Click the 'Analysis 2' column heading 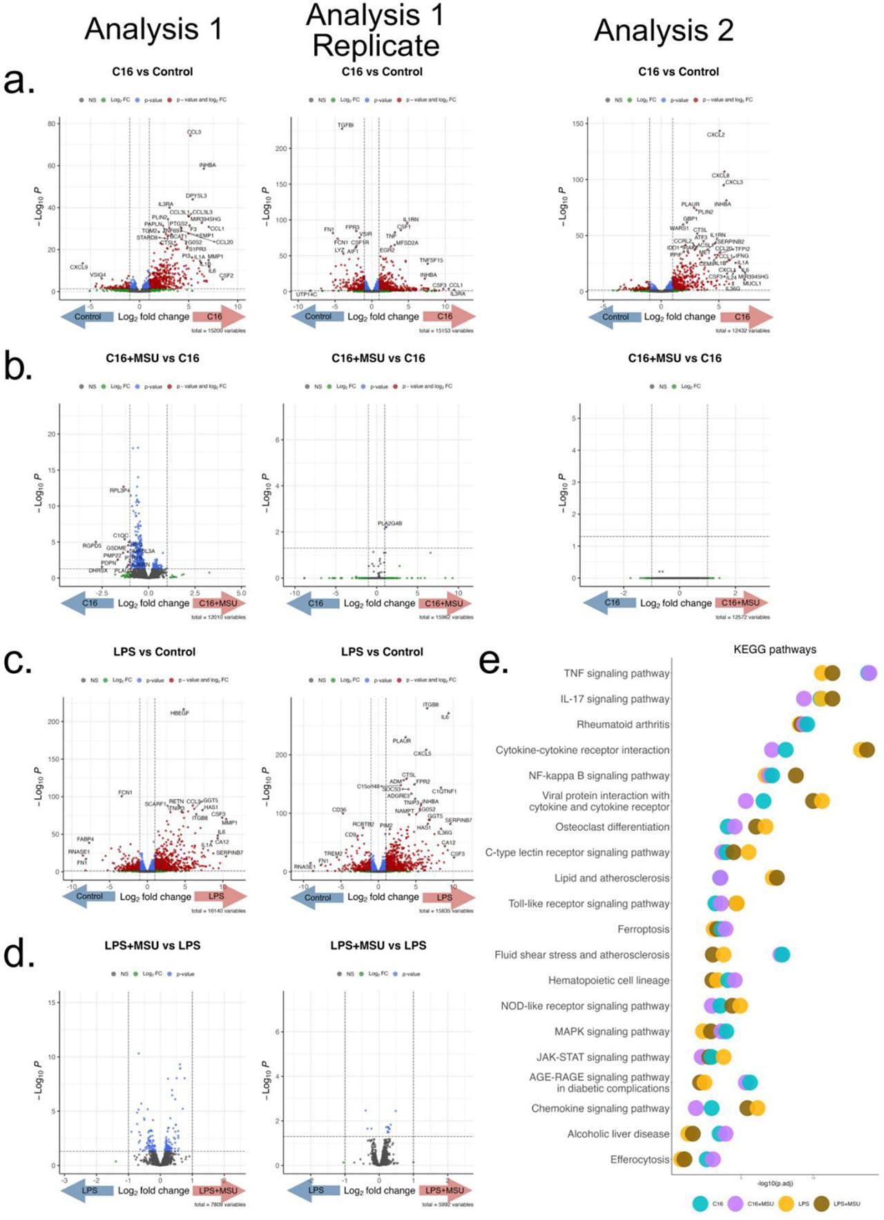pyautogui.click(x=664, y=30)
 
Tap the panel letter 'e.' pyautogui.click(x=494, y=661)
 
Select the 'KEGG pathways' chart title pyautogui.click(x=774, y=649)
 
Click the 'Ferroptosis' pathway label pyautogui.click(x=643, y=929)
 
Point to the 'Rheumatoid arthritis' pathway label pyautogui.click(x=623, y=724)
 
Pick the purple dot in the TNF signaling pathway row pyautogui.click(x=868, y=673)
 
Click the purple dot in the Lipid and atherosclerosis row pyautogui.click(x=720, y=878)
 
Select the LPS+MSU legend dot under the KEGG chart pyautogui.click(x=822, y=1203)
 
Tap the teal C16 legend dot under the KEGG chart pyautogui.click(x=700, y=1203)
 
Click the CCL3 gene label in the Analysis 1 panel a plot pyautogui.click(x=194, y=132)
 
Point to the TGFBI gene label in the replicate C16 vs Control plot pyautogui.click(x=345, y=126)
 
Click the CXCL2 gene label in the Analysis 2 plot pyautogui.click(x=715, y=135)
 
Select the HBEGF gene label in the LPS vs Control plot pyautogui.click(x=180, y=713)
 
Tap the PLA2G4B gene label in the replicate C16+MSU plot pyautogui.click(x=390, y=523)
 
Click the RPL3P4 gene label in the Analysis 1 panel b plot pyautogui.click(x=119, y=490)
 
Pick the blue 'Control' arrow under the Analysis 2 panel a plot pyautogui.click(x=615, y=317)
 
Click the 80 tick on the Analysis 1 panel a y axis pyautogui.click(x=52, y=124)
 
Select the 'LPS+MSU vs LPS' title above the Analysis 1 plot pyautogui.click(x=153, y=945)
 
